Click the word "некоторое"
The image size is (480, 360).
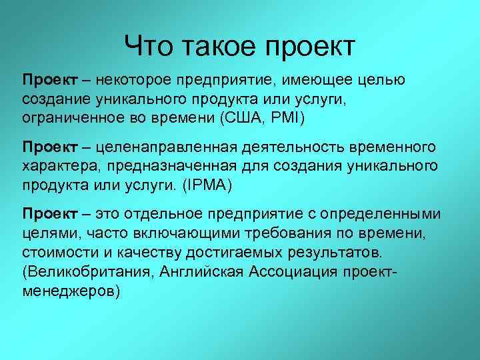point(133,81)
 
